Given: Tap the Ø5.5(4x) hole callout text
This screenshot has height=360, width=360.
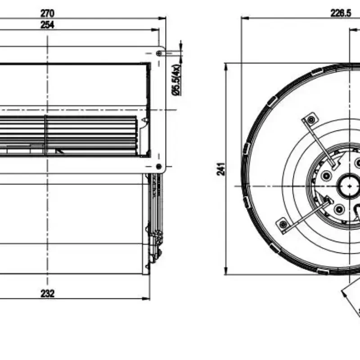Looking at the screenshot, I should point(176,80).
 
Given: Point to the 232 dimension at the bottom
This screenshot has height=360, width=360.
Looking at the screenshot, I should point(47,293).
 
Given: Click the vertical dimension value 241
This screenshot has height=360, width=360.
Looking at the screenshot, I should point(221,169).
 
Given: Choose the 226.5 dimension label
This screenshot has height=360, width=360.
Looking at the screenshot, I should point(341,13).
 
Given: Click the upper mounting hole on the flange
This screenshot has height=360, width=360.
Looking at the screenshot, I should point(159,53).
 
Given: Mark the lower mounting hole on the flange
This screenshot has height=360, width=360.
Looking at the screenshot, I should point(158,166).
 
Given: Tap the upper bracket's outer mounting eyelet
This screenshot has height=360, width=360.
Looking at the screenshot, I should point(310,119).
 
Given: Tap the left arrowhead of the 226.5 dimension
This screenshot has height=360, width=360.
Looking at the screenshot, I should point(243,18).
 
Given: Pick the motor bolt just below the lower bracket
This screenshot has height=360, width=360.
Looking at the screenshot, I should point(339,208).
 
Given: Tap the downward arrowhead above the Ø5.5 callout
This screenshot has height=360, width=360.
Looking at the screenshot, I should point(181,49).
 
